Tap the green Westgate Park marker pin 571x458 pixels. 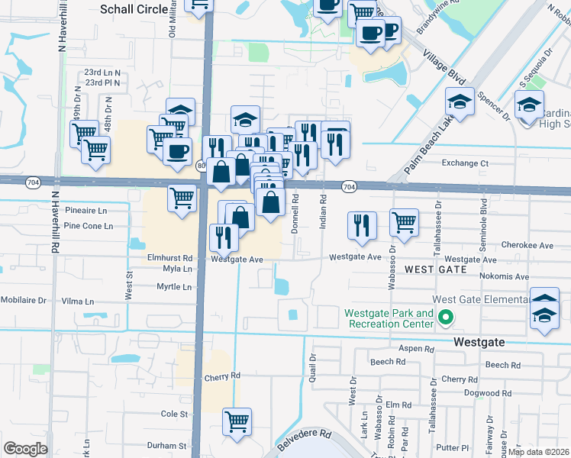click(450, 314)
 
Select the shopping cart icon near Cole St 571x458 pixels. click(237, 420)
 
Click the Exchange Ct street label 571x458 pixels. click(464, 163)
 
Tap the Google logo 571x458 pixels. click(25, 448)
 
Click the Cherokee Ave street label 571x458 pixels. click(527, 245)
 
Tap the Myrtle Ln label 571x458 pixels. click(173, 287)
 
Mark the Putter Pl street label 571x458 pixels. click(454, 447)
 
